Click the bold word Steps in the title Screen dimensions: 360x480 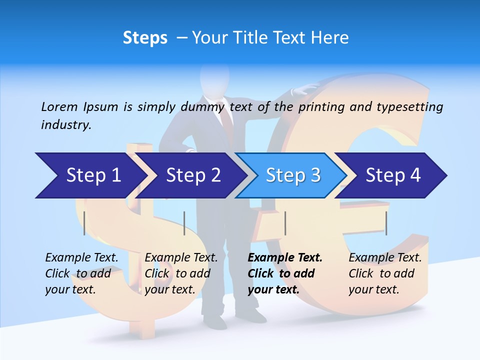(x=145, y=38)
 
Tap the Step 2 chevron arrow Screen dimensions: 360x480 (x=193, y=175)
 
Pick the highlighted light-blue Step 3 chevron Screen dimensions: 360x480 (x=292, y=175)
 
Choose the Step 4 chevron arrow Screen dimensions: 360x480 (x=392, y=175)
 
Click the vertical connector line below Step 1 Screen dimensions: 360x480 (x=84, y=223)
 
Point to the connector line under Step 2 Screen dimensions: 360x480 (x=184, y=223)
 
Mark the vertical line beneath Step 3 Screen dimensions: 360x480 (x=285, y=223)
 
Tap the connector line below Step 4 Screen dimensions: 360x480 (x=386, y=223)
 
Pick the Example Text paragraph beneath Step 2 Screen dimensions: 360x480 (x=181, y=273)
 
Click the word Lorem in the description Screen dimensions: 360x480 (x=59, y=106)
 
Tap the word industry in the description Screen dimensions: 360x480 (x=66, y=125)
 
